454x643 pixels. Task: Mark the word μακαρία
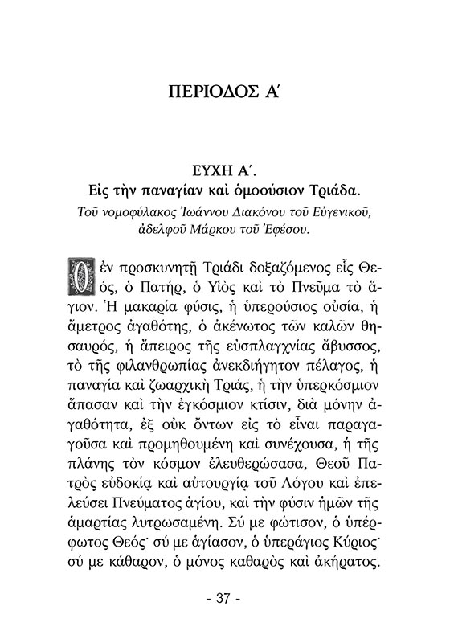168,307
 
